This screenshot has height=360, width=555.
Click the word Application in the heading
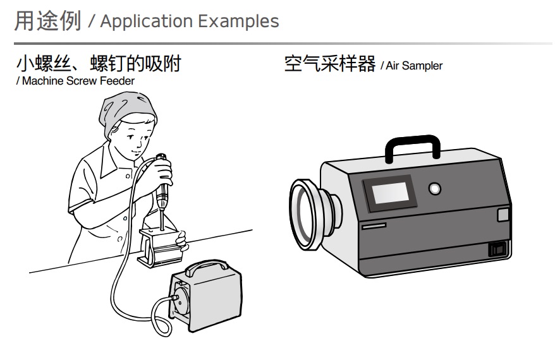[146, 21]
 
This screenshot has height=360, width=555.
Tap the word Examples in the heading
[238, 21]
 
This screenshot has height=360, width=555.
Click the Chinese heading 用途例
[48, 20]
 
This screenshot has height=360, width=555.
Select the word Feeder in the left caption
[117, 81]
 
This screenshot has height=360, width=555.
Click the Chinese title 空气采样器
[330, 64]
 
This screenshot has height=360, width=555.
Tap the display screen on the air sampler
[389, 193]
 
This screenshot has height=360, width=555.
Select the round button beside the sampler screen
[435, 188]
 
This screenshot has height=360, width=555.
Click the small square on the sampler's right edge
[503, 215]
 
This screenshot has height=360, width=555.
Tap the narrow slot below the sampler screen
[374, 225]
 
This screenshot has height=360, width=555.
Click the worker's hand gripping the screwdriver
[161, 173]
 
